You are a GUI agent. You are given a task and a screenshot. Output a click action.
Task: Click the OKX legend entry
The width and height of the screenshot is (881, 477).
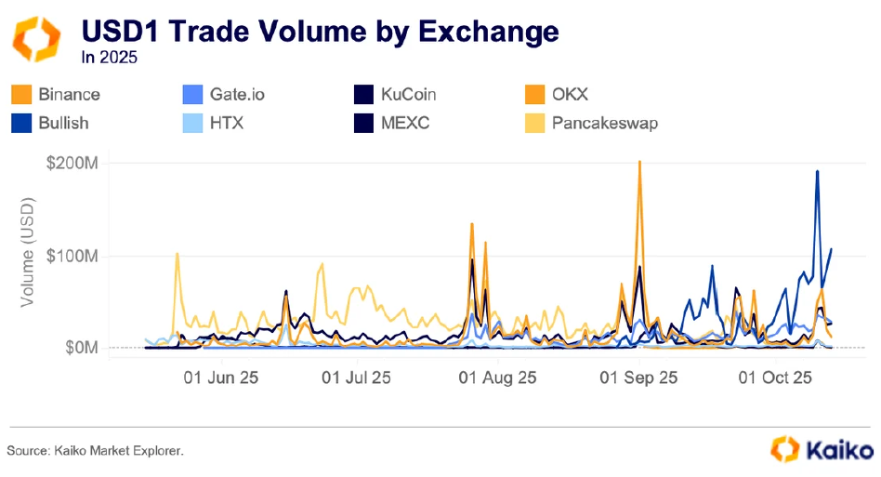[569, 94]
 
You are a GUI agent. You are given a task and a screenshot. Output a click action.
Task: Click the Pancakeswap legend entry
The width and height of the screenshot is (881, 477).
[604, 122]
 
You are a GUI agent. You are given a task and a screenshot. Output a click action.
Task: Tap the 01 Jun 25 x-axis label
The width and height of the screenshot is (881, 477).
[221, 378]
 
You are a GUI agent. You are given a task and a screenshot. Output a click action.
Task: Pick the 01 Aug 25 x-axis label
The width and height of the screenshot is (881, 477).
[499, 378]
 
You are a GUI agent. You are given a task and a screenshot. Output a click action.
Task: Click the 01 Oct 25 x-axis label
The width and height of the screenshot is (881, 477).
[774, 378]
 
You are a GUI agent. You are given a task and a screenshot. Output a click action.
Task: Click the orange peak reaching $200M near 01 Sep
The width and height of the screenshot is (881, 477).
[639, 163]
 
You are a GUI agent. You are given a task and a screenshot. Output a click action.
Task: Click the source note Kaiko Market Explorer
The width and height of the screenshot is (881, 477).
[96, 450]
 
